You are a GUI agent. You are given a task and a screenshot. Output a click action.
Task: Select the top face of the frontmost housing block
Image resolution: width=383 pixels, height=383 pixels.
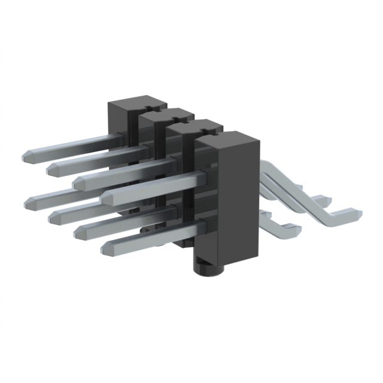228,141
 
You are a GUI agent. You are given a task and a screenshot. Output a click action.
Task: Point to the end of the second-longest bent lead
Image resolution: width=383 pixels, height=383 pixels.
320,200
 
